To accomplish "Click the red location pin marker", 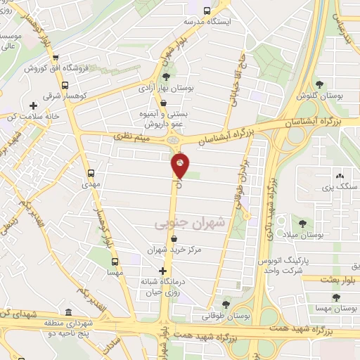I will pyautogui.click(x=181, y=166).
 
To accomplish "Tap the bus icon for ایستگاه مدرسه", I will pyautogui.click(x=206, y=11).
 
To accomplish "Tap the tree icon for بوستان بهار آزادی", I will pyautogui.click(x=165, y=77).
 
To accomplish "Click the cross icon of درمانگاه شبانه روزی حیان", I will pyautogui.click(x=163, y=271).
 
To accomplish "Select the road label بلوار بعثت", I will pyautogui.click(x=340, y=279).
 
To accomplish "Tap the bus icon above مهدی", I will pyautogui.click(x=91, y=173).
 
